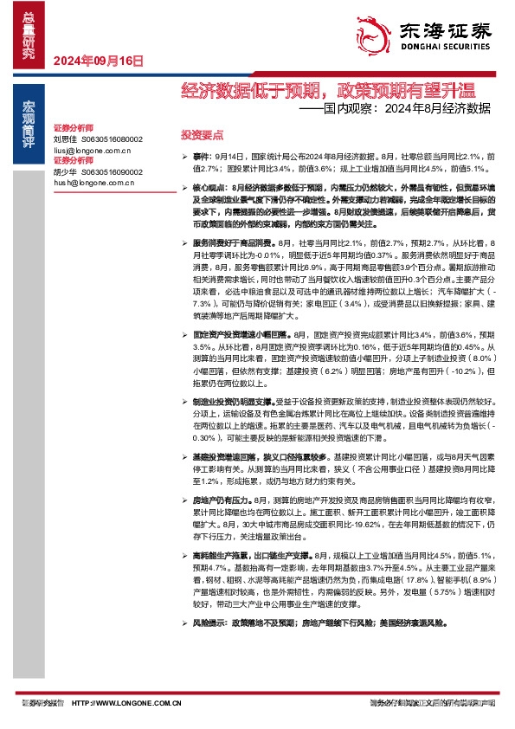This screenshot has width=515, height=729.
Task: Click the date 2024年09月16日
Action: [x=98, y=61]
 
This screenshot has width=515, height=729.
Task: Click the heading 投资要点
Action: [x=202, y=136]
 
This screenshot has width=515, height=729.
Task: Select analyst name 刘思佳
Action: [x=65, y=139]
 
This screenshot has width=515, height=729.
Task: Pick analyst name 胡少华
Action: [x=65, y=171]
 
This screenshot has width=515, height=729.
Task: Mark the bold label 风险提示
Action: [x=210, y=648]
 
